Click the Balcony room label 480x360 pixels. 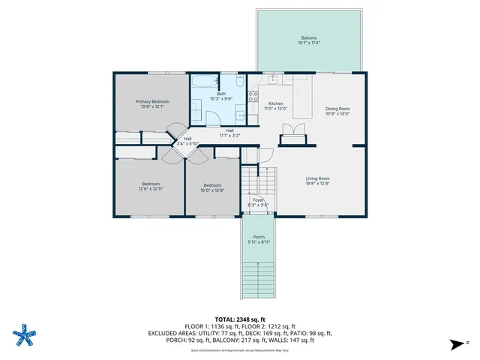coord(308,38)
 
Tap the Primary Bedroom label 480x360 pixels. coord(152,101)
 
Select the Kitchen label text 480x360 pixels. coord(275,103)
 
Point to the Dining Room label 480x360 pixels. coord(337,109)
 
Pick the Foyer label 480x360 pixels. coord(257,199)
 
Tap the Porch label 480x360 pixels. coord(258,237)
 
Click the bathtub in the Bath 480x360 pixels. coord(204,82)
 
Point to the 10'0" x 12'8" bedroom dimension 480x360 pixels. coord(212,190)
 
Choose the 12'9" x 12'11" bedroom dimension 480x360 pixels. coord(151,189)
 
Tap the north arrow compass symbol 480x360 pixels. coord(454,344)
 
